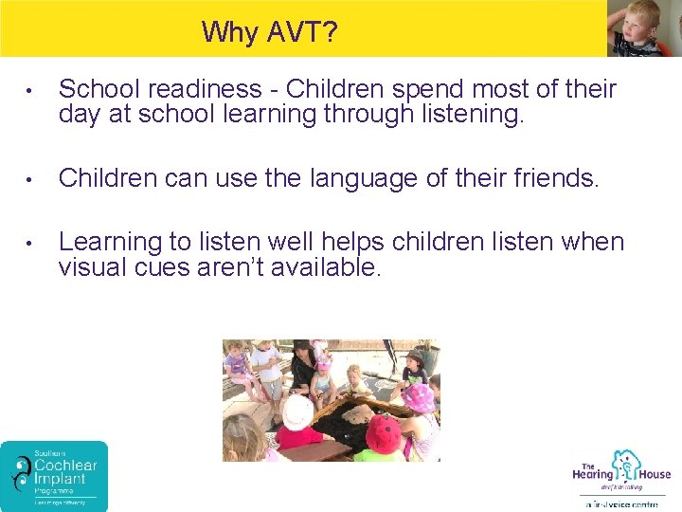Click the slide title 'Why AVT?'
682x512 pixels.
[x=269, y=32]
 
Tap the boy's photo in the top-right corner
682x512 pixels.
[x=643, y=28]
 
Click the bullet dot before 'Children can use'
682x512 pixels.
[x=31, y=179]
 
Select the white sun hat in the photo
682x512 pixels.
[x=297, y=410]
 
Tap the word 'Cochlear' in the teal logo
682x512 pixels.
[x=66, y=466]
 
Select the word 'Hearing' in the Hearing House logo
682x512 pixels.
[x=592, y=474]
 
